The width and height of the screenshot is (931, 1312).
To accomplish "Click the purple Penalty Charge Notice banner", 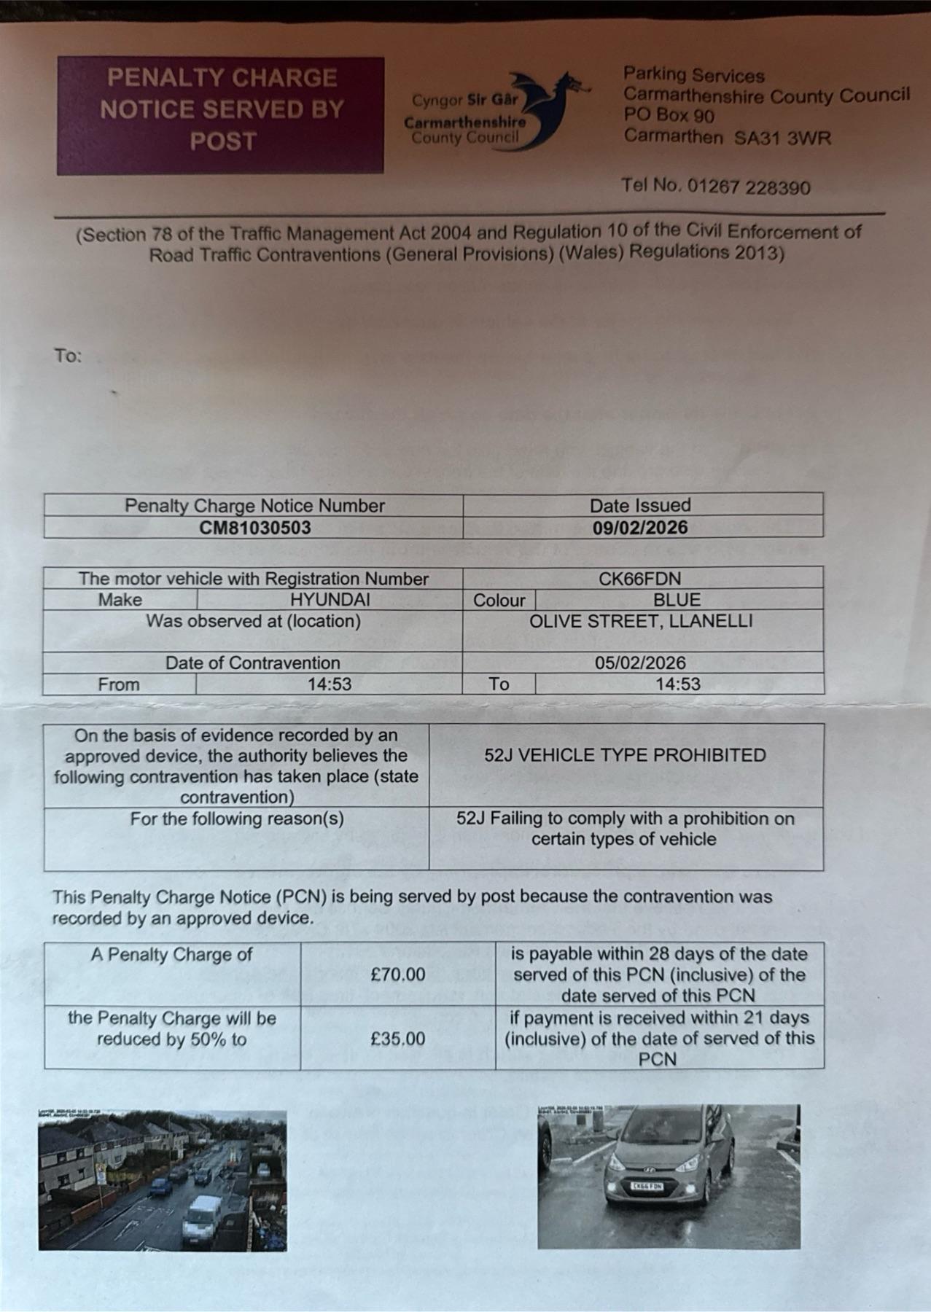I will [x=220, y=115].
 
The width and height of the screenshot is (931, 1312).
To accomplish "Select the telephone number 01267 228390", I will [x=748, y=187].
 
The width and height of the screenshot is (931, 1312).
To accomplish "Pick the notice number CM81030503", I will [x=254, y=527].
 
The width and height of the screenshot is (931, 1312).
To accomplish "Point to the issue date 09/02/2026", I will [x=640, y=527].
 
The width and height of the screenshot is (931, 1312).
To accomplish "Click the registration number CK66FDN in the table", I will [x=639, y=579].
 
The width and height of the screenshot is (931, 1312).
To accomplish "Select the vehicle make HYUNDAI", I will [x=330, y=600].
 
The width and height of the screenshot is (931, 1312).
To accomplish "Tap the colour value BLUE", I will [x=677, y=600].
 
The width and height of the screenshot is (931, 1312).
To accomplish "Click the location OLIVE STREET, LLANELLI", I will [x=641, y=621].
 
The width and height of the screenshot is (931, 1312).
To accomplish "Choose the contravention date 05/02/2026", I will [x=640, y=663].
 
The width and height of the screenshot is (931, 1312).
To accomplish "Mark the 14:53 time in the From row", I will [x=329, y=684].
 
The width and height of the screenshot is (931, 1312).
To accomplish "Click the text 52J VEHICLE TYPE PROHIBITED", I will [x=625, y=755].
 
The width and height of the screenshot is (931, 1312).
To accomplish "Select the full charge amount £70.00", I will [x=397, y=975].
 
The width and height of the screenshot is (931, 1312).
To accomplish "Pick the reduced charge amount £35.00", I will [x=397, y=1039].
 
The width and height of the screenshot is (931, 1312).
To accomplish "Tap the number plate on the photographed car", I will [x=646, y=1187].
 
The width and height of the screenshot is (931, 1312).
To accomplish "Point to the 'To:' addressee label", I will [x=68, y=356].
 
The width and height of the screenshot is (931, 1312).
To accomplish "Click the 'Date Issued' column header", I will [x=640, y=505].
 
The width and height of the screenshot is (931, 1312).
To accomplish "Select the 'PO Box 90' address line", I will [x=669, y=115].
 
